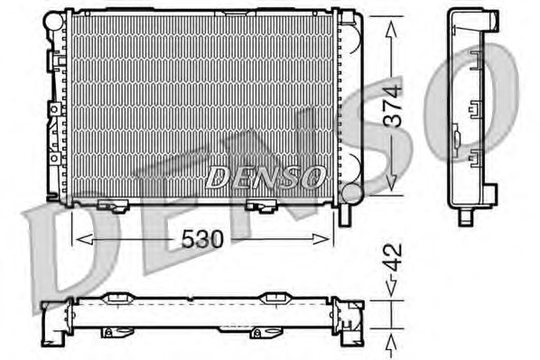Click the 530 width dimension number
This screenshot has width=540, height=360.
202,239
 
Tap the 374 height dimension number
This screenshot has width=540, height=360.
393,106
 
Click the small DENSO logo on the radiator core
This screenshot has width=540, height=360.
265,177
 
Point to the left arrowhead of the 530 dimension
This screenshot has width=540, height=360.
84,239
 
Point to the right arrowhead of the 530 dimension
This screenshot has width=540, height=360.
321,239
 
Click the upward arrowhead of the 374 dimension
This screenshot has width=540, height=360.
392,28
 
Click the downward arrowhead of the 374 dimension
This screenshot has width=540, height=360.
392,182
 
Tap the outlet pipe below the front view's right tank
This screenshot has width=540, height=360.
345,216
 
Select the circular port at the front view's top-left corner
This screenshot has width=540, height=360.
52,21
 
